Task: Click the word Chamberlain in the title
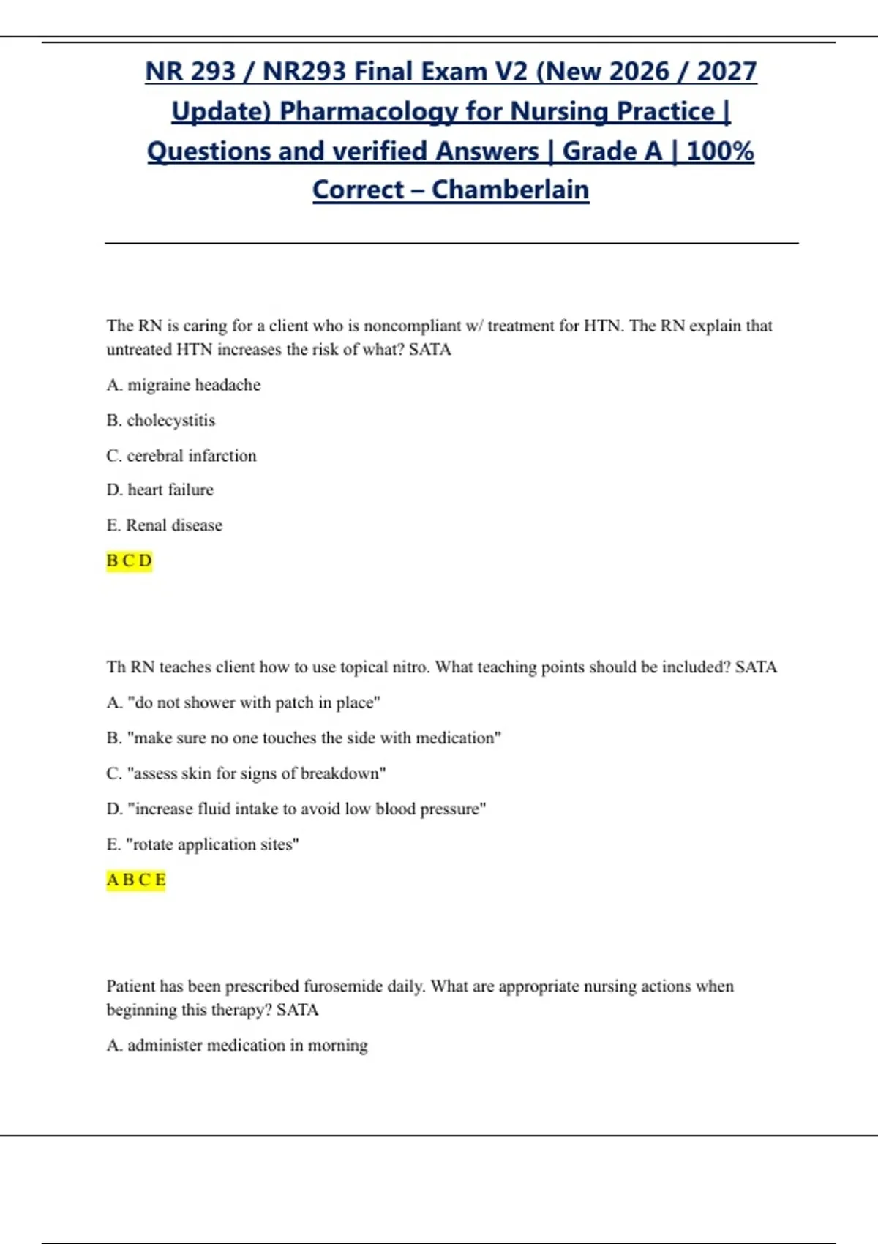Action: coord(510,190)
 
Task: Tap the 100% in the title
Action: coord(720,151)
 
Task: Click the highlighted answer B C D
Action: coord(129,561)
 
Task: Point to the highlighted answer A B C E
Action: coord(136,880)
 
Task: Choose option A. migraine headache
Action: coord(183,385)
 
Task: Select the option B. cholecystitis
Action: coord(160,420)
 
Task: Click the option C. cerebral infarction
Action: coord(181,455)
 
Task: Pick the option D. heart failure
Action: coord(160,490)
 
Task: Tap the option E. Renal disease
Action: coord(164,525)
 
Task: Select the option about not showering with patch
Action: coord(243,702)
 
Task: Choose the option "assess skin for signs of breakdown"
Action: coord(246,773)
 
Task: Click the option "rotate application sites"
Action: coord(202,844)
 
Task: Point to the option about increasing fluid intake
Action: coord(296,809)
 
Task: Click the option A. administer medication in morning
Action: coord(236,1045)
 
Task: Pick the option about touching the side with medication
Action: coord(303,738)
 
